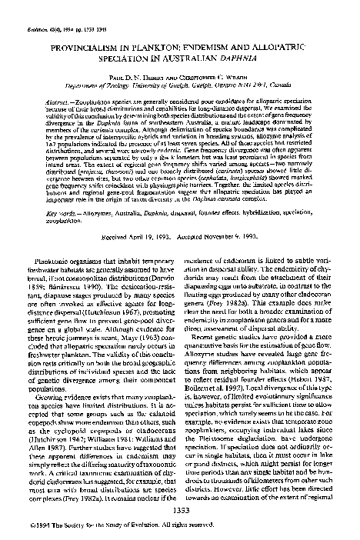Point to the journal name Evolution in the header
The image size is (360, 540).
point(35,9)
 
